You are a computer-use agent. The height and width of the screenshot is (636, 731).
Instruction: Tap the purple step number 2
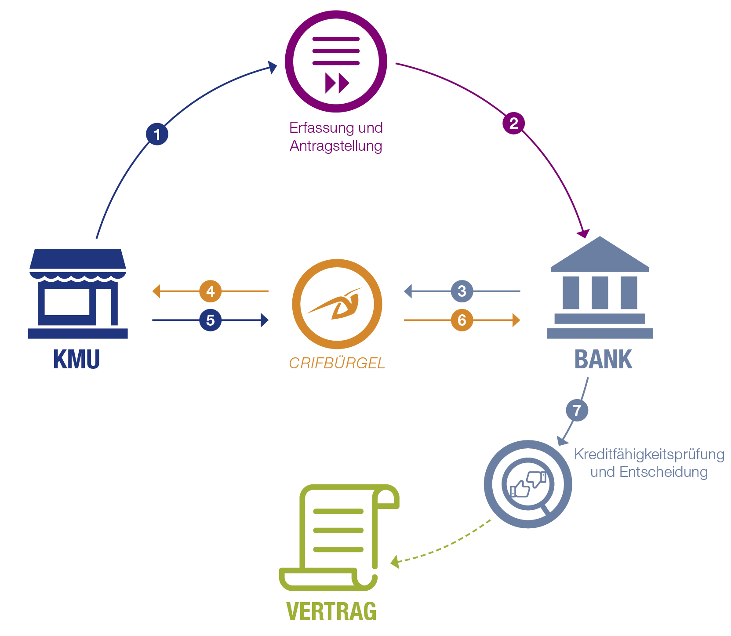(x=513, y=123)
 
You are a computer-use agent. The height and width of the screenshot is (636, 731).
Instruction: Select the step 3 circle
(x=462, y=291)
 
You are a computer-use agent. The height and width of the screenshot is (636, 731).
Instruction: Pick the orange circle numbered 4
(x=210, y=291)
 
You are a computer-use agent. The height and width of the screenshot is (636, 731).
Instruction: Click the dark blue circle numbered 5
(x=210, y=320)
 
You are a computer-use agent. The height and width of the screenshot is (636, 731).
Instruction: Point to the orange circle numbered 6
(x=462, y=320)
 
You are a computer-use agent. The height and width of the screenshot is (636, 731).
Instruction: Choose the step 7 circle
(x=576, y=410)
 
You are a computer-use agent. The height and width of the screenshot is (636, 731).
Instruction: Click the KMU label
(x=76, y=360)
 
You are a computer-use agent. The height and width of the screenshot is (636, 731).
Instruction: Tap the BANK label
(x=603, y=360)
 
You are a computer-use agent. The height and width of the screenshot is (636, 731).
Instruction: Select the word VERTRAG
(x=331, y=611)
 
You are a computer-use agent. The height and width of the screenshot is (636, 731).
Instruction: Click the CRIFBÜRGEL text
(x=337, y=363)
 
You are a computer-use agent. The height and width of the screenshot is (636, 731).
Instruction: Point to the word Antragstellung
(x=336, y=145)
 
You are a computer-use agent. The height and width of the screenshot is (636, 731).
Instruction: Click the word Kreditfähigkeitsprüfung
(x=649, y=454)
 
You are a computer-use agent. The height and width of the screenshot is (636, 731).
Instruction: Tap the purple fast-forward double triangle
(x=337, y=83)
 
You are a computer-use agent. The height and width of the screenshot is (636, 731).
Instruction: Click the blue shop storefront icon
(x=78, y=294)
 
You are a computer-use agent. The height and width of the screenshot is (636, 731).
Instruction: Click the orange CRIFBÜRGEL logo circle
(x=337, y=304)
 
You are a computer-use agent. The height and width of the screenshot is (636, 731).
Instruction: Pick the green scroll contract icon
(x=338, y=537)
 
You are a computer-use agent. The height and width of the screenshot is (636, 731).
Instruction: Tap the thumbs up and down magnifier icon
(x=527, y=483)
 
